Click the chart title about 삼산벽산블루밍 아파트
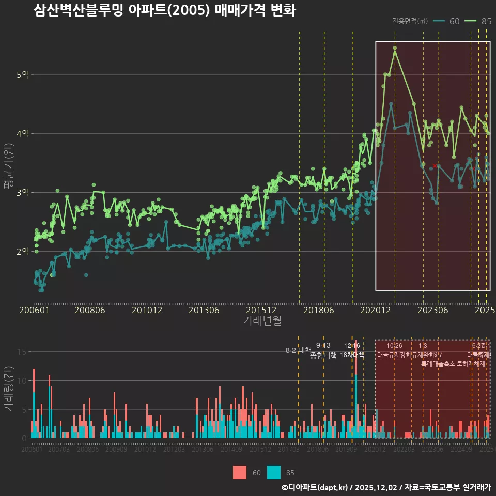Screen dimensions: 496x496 click(x=165, y=10)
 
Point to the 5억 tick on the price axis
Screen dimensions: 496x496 click(x=23, y=75)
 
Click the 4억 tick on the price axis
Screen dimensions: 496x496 click(x=23, y=134)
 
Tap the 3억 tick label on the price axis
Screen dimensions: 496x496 click(x=23, y=193)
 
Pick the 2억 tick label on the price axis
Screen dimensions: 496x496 click(x=23, y=252)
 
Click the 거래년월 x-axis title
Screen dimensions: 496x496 click(x=262, y=320)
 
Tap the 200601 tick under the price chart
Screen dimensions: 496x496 click(x=34, y=310)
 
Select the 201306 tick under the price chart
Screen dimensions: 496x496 click(x=204, y=310)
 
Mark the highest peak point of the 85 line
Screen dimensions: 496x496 click(x=395, y=48)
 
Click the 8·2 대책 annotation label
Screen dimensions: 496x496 click(x=295, y=350)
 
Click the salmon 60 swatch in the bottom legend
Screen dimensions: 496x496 click(x=240, y=472)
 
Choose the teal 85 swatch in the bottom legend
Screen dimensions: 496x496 click(x=274, y=472)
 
